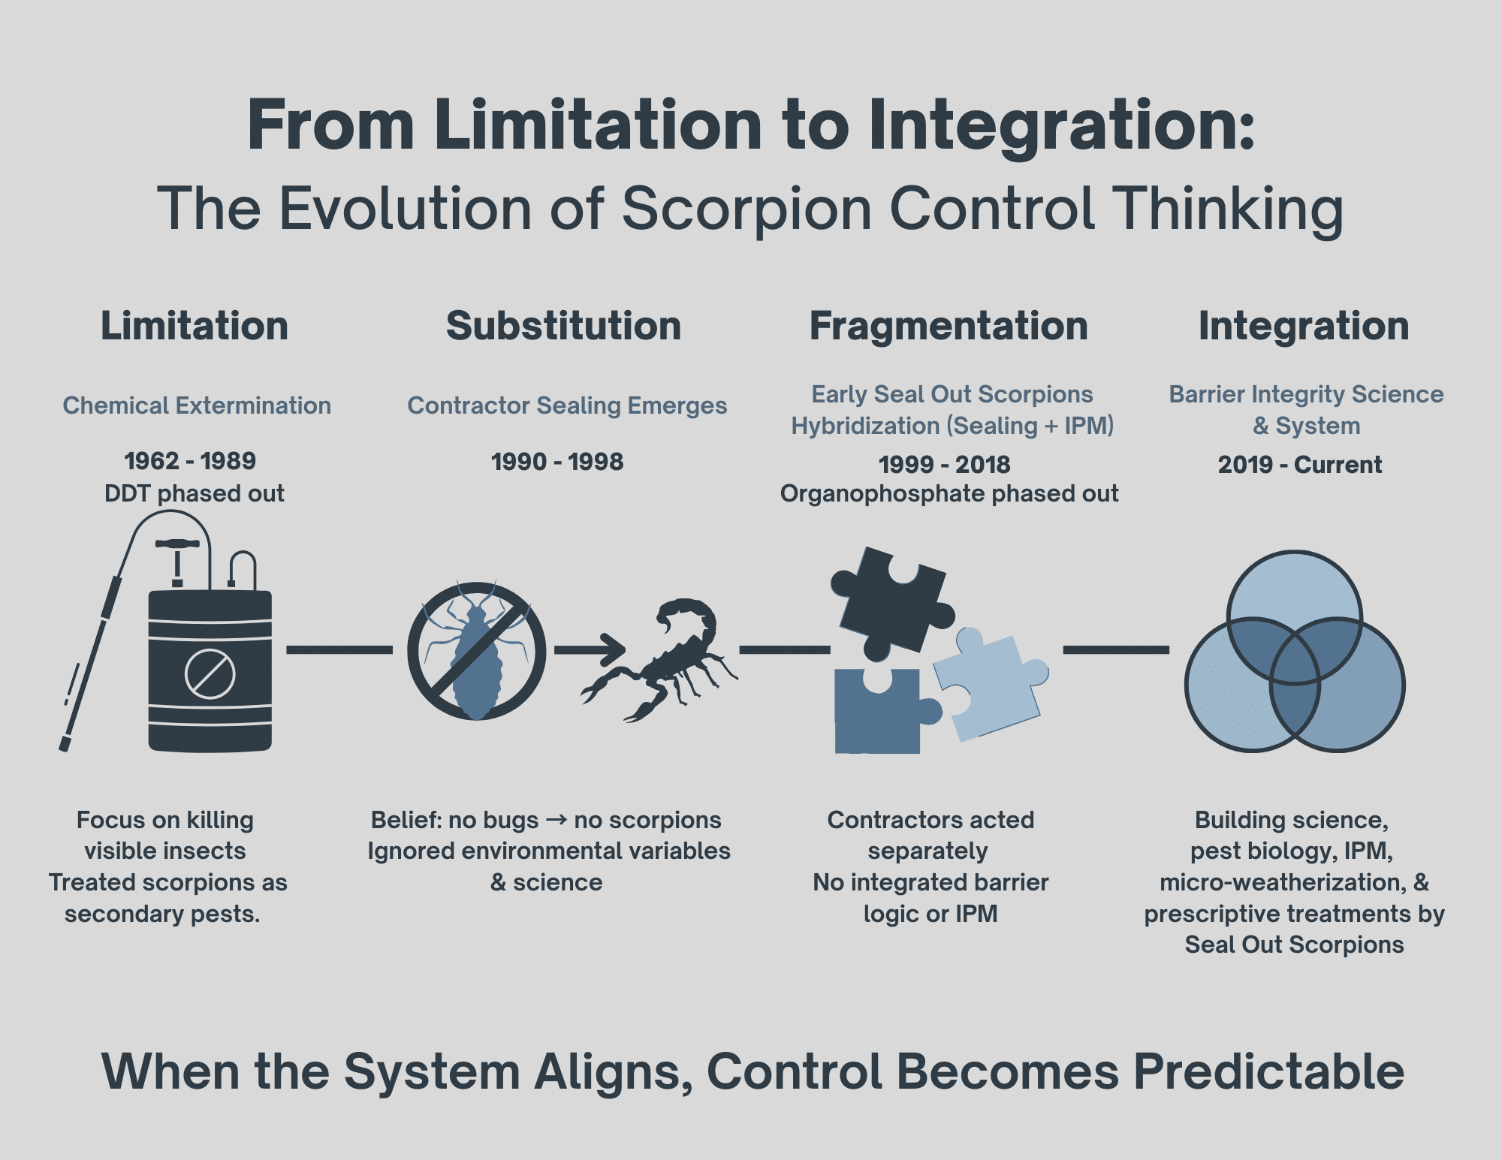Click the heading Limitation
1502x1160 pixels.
click(x=195, y=326)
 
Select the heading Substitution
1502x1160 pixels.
click(x=563, y=326)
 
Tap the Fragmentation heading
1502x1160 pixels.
click(x=949, y=326)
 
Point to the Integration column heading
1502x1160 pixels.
click(x=1304, y=326)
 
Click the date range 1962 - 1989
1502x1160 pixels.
click(x=190, y=460)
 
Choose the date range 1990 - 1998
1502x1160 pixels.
click(x=557, y=461)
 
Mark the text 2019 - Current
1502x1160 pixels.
click(x=1299, y=464)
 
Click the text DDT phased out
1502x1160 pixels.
click(x=194, y=493)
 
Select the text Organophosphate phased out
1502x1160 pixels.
click(x=949, y=493)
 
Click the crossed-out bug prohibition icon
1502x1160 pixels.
click(x=476, y=651)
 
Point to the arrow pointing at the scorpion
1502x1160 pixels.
click(x=590, y=649)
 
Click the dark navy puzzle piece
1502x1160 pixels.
click(x=890, y=601)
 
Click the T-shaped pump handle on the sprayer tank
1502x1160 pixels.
click(x=177, y=545)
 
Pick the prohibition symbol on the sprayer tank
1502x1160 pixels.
click(x=210, y=673)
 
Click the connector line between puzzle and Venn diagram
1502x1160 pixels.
click(x=1116, y=649)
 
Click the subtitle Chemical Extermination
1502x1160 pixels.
click(x=197, y=405)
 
